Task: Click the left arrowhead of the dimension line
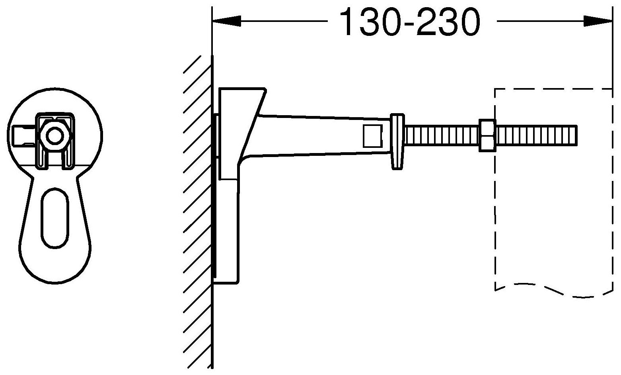[226, 21]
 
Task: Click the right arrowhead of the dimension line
[598, 21]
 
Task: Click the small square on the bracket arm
[373, 136]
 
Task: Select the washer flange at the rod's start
[397, 141]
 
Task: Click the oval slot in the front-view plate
[55, 218]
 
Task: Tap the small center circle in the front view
[55, 136]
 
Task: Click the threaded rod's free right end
[577, 135]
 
